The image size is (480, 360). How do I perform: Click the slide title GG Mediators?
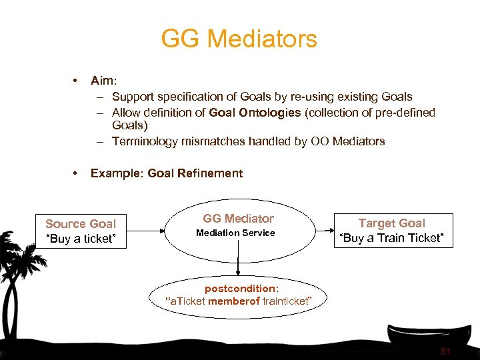(239, 39)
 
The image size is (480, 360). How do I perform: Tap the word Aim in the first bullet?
(103, 81)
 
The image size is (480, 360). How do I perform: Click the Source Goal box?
(81, 231)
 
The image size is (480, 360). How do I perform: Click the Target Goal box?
(391, 231)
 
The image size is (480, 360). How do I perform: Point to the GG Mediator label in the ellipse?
(238, 218)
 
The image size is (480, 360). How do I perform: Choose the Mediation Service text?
(235, 233)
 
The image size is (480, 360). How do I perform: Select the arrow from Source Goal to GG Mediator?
(145, 231)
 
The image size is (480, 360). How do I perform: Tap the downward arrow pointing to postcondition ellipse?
(238, 259)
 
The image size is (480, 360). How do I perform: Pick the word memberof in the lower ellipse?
(233, 301)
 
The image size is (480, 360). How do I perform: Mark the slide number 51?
(446, 351)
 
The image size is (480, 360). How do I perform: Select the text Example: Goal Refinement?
(167, 173)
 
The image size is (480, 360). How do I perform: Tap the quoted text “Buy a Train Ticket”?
(391, 238)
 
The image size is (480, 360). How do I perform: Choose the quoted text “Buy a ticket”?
(81, 239)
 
